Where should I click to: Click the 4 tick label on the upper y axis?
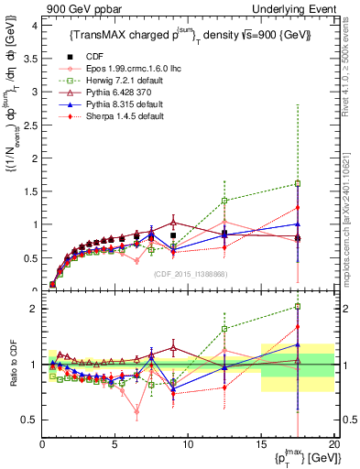point(33,26)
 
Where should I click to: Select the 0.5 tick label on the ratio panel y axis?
point(28,420)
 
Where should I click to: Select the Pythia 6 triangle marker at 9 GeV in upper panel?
point(173,223)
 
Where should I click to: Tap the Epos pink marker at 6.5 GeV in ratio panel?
point(136,411)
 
